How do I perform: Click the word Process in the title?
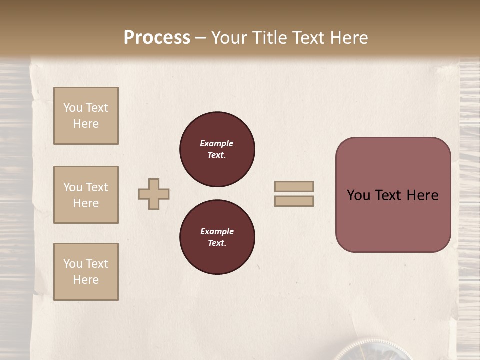[157, 38]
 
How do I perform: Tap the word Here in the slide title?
[349, 38]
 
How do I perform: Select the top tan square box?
[86, 116]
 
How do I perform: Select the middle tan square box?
[86, 195]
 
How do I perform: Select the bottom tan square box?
[86, 272]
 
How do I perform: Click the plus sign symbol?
[154, 194]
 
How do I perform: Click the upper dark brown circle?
[217, 149]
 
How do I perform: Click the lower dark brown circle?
[217, 237]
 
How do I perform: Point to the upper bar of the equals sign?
[294, 186]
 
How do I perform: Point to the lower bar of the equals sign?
[294, 201]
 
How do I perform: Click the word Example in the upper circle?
[217, 143]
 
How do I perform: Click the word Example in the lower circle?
[217, 231]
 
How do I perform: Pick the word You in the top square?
[73, 108]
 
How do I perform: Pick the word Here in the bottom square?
[86, 280]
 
